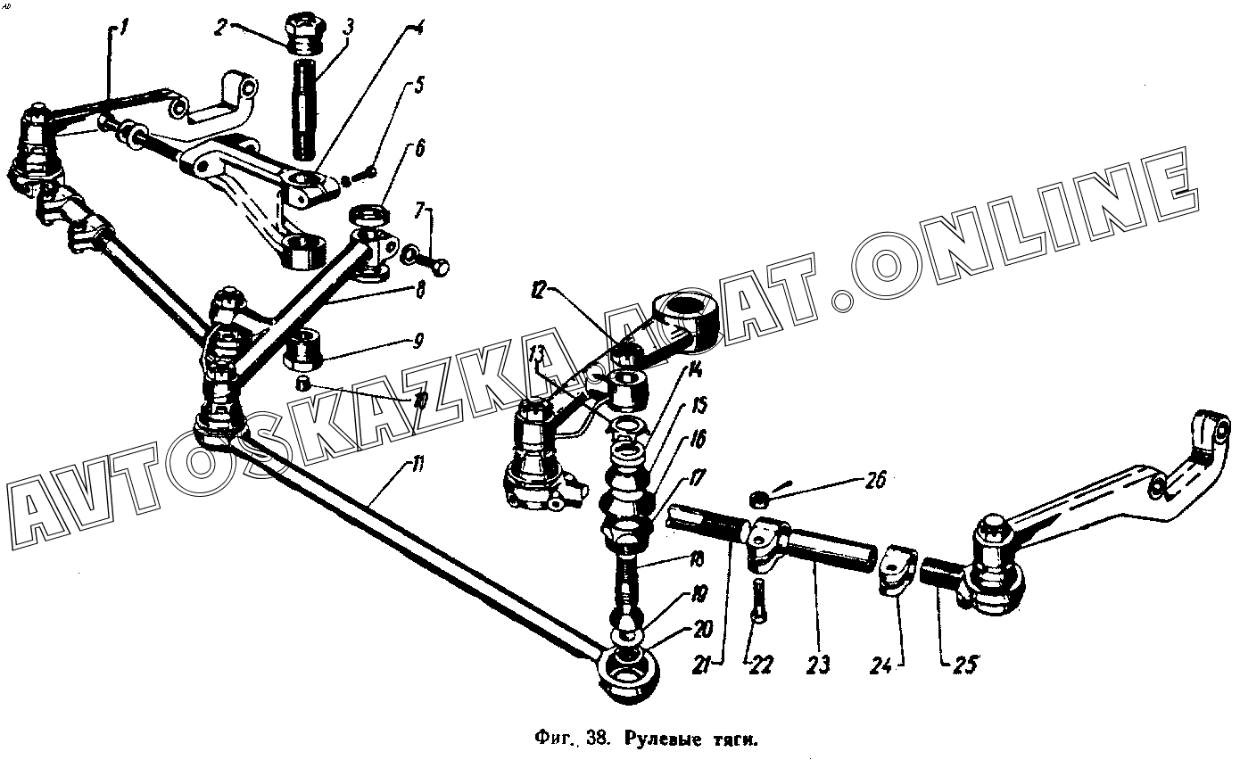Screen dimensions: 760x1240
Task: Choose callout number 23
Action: [x=819, y=665]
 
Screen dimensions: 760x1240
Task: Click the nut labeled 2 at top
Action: [x=305, y=34]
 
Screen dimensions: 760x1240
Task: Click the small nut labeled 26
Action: [x=760, y=497]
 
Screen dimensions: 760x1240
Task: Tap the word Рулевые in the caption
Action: [x=657, y=739]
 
